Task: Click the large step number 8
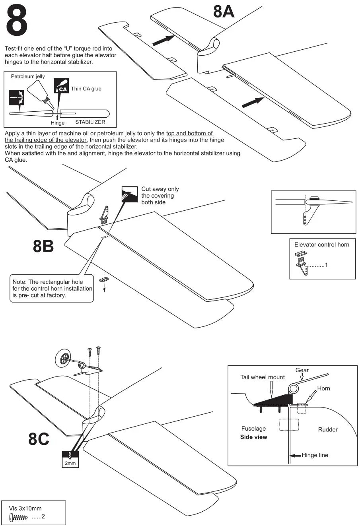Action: [17, 21]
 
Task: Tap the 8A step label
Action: [224, 12]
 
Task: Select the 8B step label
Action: [43, 247]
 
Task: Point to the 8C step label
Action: [39, 439]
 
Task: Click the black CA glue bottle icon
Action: [61, 85]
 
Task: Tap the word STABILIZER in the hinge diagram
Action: [90, 122]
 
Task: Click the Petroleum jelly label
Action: [28, 76]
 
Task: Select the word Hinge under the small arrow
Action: [57, 123]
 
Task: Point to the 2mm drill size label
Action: [70, 463]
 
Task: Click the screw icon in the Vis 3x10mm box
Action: [18, 517]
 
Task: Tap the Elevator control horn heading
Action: [321, 245]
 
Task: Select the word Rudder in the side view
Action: [328, 429]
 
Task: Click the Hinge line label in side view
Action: [315, 455]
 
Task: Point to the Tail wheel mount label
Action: [263, 377]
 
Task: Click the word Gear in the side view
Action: [302, 370]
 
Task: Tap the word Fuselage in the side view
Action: [253, 429]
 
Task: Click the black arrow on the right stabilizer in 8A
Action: [253, 102]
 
